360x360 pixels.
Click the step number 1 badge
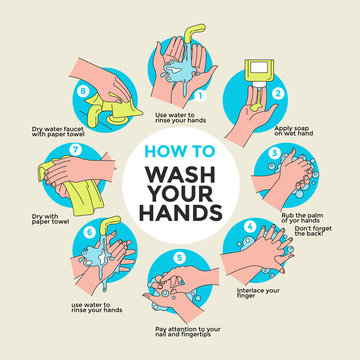point(200,96)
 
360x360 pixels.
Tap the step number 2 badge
point(278,94)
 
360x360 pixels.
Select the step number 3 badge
point(275,153)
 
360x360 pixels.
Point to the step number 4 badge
point(249,227)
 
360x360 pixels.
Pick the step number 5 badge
point(179,258)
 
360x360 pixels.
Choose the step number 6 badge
point(89,232)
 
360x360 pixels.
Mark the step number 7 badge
point(75,150)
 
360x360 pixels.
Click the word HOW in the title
point(161,151)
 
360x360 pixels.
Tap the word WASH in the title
point(180,174)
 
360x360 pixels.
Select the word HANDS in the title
point(181,213)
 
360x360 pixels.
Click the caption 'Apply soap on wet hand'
point(294,131)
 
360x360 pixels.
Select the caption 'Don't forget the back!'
point(313,231)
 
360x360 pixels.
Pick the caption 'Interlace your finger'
point(258,293)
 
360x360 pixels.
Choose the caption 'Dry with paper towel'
point(51,219)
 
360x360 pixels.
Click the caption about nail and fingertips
point(188,331)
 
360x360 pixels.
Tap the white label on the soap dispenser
point(259,68)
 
